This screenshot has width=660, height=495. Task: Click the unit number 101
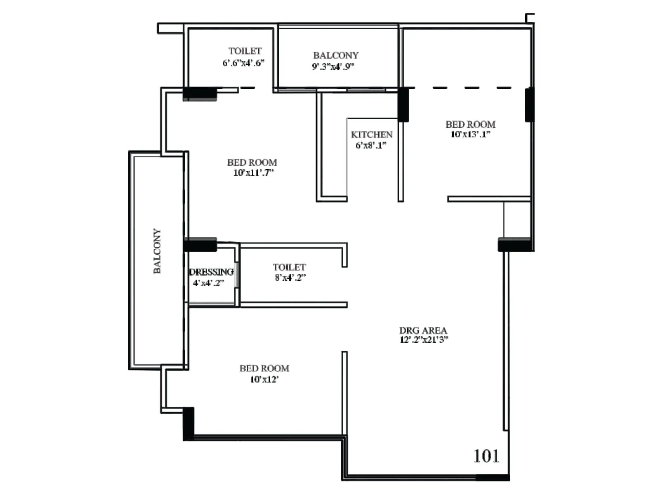(486, 456)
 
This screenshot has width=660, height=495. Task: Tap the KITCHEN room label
(372, 135)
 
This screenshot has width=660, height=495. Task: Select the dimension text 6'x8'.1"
(371, 145)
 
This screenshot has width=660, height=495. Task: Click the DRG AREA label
(423, 330)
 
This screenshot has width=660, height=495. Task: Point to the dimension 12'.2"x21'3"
(424, 340)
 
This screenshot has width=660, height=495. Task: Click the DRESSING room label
(211, 272)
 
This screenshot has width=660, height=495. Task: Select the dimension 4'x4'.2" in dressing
(209, 283)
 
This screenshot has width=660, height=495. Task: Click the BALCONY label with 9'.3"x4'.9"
(336, 55)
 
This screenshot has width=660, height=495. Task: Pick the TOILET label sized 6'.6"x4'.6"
(245, 51)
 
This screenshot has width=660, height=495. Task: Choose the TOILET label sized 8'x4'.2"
(289, 267)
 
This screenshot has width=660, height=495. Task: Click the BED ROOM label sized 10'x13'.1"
(470, 124)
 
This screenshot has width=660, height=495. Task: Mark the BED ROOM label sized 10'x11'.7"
(252, 163)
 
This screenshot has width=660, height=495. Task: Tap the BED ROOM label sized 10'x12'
(264, 368)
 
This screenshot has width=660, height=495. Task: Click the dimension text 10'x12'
(264, 379)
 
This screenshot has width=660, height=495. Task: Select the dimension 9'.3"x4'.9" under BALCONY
(333, 67)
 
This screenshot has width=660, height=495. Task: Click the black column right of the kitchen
(403, 105)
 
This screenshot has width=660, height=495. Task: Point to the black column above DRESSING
(200, 245)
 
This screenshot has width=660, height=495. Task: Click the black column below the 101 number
(493, 478)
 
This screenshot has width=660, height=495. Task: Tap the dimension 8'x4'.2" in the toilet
(290, 278)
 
